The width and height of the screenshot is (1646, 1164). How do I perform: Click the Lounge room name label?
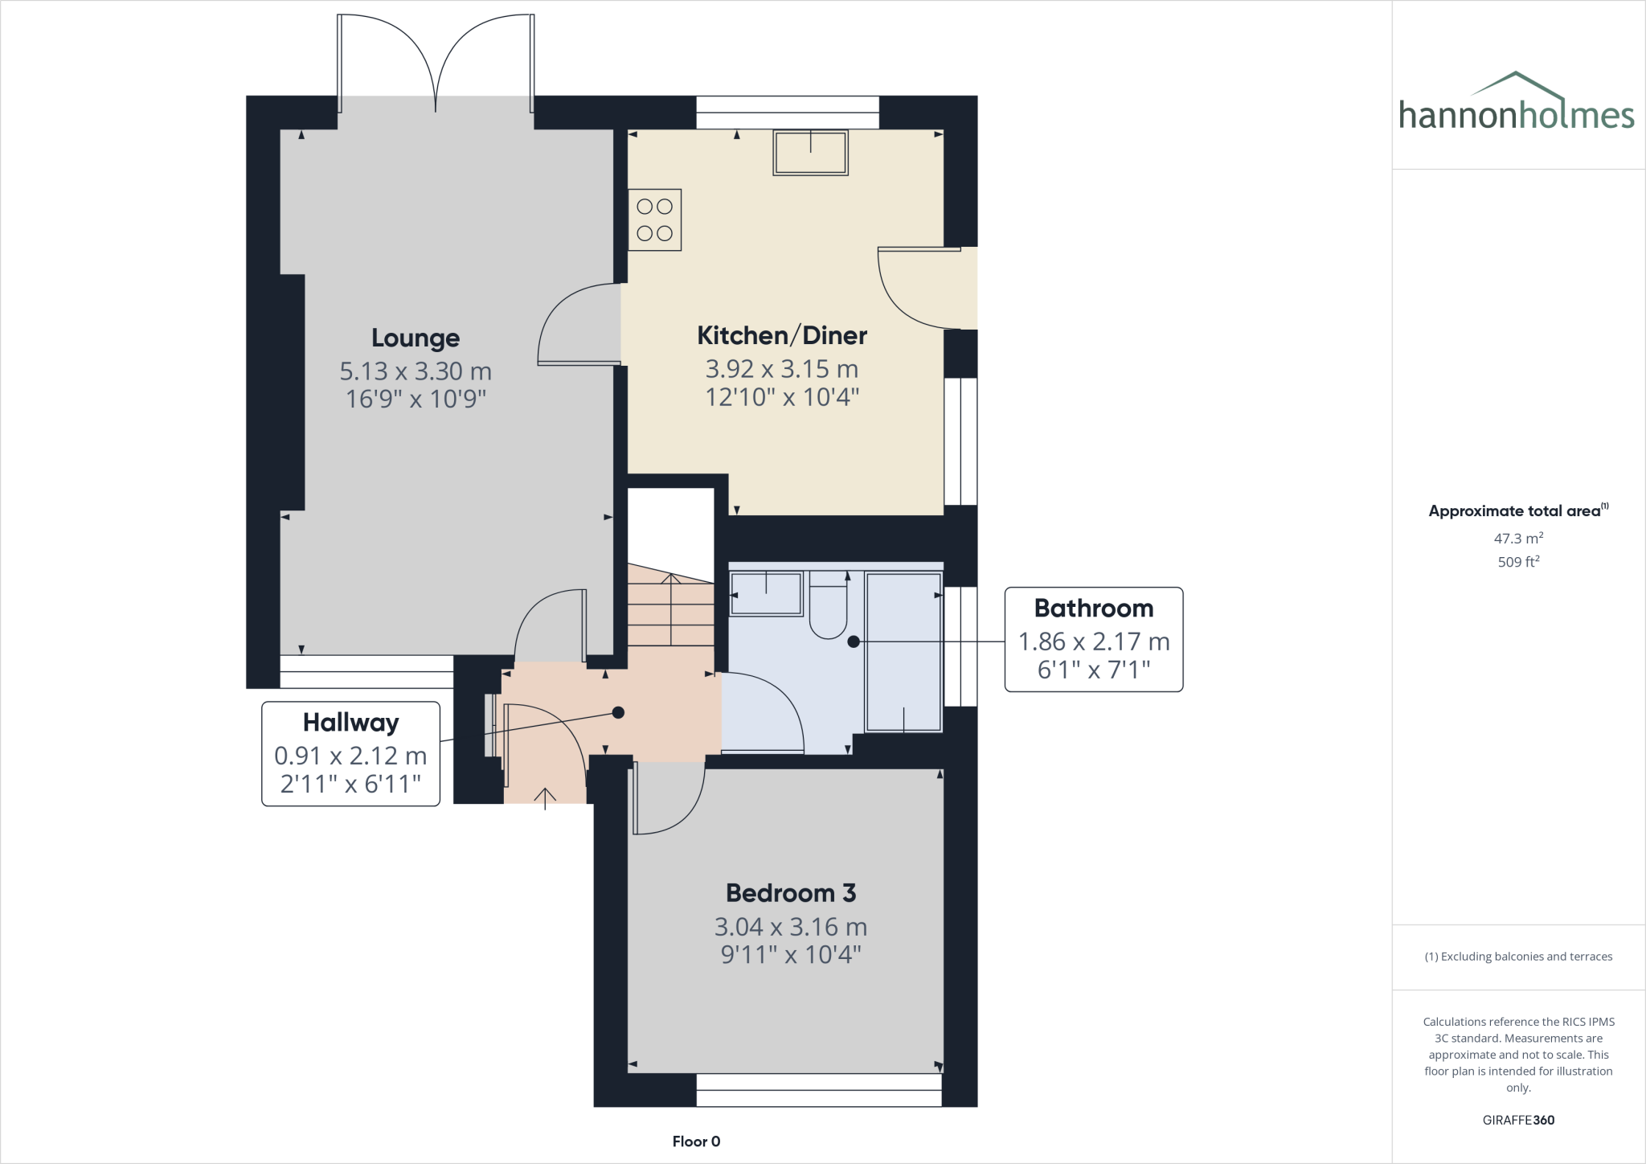pyautogui.click(x=415, y=338)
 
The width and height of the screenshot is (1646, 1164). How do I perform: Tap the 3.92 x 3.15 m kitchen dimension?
pyautogui.click(x=781, y=369)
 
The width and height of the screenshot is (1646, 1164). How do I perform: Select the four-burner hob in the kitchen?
pyautogui.click(x=654, y=219)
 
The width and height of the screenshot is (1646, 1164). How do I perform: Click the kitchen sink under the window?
pyautogui.click(x=810, y=153)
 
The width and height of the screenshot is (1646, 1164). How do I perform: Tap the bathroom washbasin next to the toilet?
pyautogui.click(x=765, y=593)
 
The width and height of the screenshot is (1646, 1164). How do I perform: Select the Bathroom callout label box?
pyautogui.click(x=1093, y=639)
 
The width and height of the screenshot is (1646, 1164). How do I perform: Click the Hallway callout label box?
pyautogui.click(x=350, y=753)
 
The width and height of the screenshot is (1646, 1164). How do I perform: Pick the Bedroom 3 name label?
pyautogui.click(x=790, y=893)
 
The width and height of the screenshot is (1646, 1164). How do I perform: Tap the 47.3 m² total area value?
pyautogui.click(x=1517, y=539)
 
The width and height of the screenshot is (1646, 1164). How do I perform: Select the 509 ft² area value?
pyautogui.click(x=1517, y=562)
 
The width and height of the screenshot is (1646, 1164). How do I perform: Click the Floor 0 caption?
pyautogui.click(x=696, y=1141)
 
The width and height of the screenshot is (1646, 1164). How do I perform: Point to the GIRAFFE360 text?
pyautogui.click(x=1517, y=1120)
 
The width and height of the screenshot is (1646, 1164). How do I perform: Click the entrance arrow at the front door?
pyautogui.click(x=545, y=797)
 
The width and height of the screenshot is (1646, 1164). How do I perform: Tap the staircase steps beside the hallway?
pyautogui.click(x=669, y=615)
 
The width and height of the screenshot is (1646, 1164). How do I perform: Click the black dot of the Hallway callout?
pyautogui.click(x=618, y=712)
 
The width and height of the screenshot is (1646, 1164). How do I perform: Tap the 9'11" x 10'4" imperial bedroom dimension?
pyautogui.click(x=790, y=955)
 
